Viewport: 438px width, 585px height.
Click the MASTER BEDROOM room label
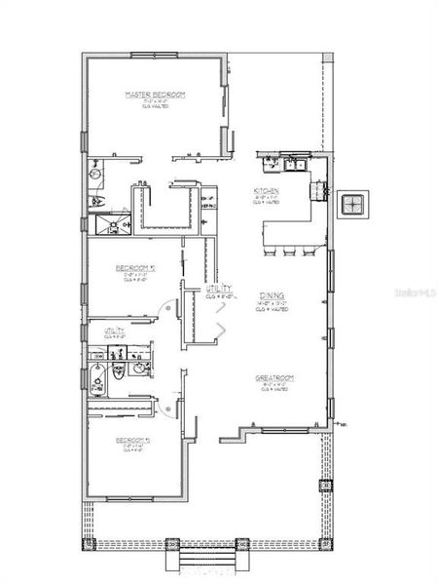pyautogui.click(x=155, y=95)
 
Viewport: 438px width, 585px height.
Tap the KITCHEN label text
pyautogui.click(x=267, y=190)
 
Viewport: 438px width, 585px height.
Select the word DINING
pyautogui.click(x=271, y=295)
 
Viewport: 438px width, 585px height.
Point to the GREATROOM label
pyautogui.click(x=275, y=377)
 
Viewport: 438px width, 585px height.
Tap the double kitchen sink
pyautogui.click(x=292, y=164)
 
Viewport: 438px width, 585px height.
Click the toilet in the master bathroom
pyautogui.click(x=95, y=200)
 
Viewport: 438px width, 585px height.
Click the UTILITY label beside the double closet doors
pyautogui.click(x=217, y=290)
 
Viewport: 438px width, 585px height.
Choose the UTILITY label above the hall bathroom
pyautogui.click(x=115, y=331)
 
